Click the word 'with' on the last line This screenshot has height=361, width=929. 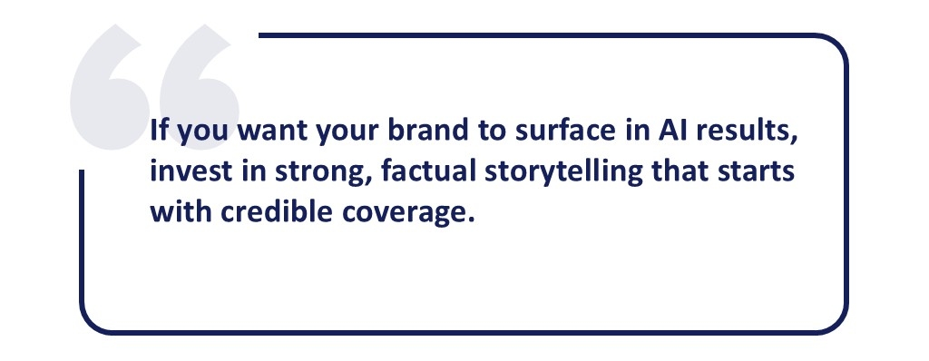181,212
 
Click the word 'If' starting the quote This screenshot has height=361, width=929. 160,131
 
